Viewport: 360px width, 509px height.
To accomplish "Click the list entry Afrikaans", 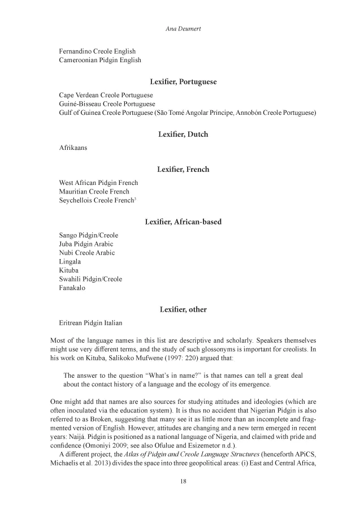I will [x=73, y=148].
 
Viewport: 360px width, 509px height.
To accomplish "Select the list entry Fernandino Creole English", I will [x=97, y=51].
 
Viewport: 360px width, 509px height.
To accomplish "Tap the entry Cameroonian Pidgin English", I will [x=100, y=60].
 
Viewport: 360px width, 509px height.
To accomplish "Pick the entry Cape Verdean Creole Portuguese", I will [x=106, y=95].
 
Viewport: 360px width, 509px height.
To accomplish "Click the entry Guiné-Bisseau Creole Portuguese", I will [x=107, y=104].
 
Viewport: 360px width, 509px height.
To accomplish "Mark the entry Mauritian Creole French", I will [x=94, y=192].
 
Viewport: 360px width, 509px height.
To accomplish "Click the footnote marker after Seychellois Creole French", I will [x=133, y=199].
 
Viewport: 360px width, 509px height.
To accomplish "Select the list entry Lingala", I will [x=70, y=262].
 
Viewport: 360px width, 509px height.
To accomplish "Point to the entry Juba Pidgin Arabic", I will [x=86, y=244].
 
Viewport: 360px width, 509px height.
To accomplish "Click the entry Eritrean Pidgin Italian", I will [x=90, y=323].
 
